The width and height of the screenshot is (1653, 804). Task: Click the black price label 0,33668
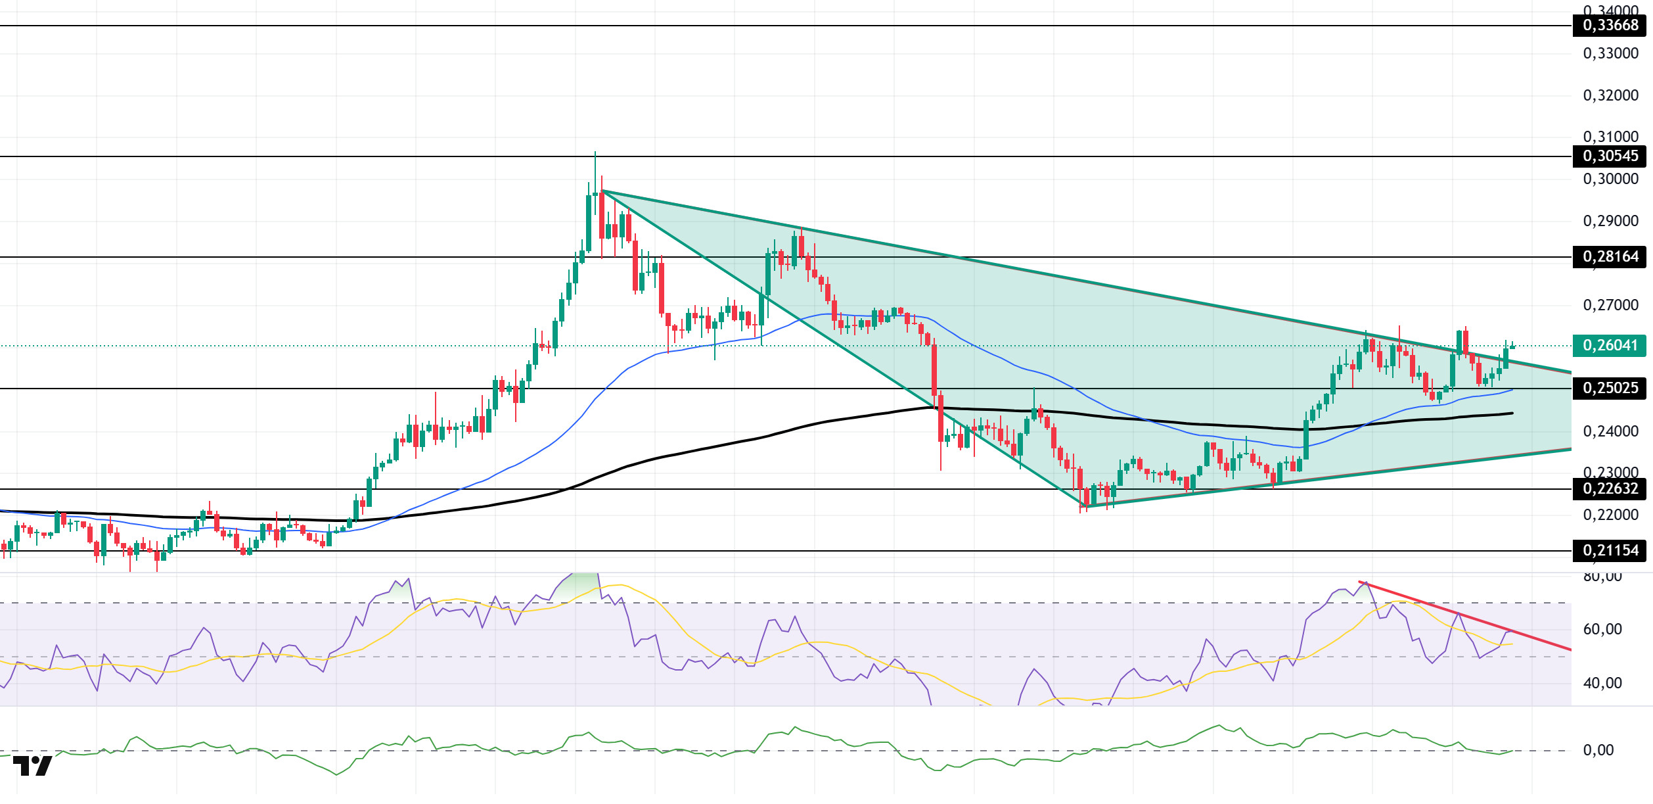pyautogui.click(x=1610, y=26)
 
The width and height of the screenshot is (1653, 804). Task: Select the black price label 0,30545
pyautogui.click(x=1610, y=156)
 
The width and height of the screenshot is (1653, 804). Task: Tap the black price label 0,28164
pyautogui.click(x=1610, y=257)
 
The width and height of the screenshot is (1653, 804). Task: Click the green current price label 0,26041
pyautogui.click(x=1610, y=346)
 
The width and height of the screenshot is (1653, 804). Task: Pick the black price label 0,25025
pyautogui.click(x=1610, y=389)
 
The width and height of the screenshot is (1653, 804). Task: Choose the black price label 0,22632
pyautogui.click(x=1610, y=489)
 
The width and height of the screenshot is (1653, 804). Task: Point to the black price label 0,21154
pyautogui.click(x=1610, y=551)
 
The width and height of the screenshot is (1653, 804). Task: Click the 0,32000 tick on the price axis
pyautogui.click(x=1610, y=96)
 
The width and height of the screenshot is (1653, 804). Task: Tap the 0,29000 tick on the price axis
pyautogui.click(x=1610, y=222)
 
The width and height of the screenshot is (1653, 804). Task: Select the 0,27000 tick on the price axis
pyautogui.click(x=1610, y=306)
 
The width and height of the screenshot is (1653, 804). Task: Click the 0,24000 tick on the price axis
pyautogui.click(x=1610, y=432)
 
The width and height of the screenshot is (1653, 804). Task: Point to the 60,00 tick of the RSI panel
pyautogui.click(x=1602, y=630)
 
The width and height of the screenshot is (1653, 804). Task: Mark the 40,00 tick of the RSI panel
pyautogui.click(x=1602, y=684)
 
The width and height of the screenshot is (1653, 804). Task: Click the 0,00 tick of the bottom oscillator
pyautogui.click(x=1598, y=751)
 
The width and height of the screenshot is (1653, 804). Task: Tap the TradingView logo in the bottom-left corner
pyautogui.click(x=32, y=767)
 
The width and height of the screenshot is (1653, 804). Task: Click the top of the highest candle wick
pyautogui.click(x=595, y=153)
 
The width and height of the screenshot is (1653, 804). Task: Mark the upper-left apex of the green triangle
pyautogui.click(x=602, y=191)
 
